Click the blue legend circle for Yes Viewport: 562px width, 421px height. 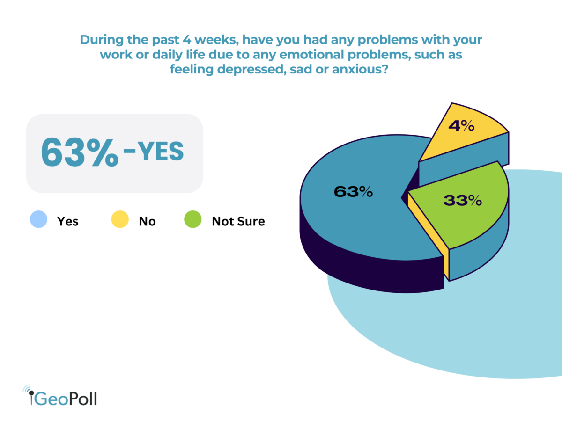(39, 220)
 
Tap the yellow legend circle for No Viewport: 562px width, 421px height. (120, 220)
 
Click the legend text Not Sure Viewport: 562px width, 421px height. (238, 221)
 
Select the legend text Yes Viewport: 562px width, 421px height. (68, 221)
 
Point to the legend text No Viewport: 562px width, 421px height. (147, 221)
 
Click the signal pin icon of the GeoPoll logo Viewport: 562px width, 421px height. (30, 395)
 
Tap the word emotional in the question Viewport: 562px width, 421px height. (320, 55)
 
